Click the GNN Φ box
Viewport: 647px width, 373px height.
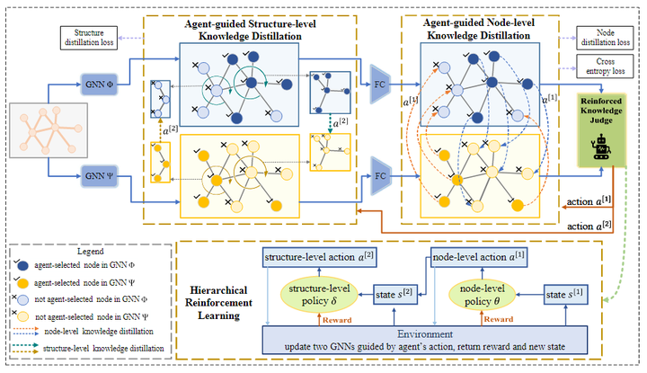point(98,79)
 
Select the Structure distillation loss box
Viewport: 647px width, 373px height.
point(87,37)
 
